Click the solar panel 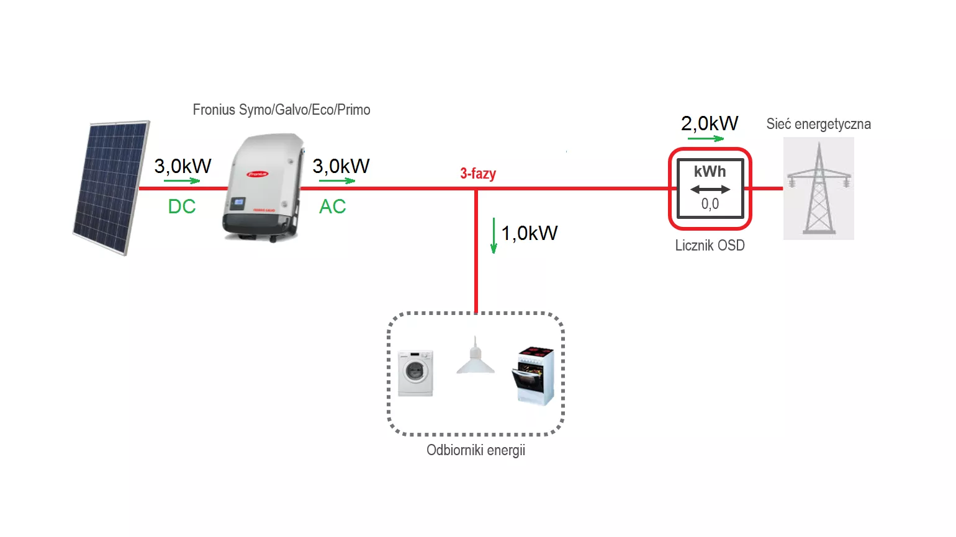111,187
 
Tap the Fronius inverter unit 263,187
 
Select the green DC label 182,206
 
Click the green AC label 333,206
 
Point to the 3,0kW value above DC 183,166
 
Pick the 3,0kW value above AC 341,166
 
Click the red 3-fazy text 478,174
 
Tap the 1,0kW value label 529,233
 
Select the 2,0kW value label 710,123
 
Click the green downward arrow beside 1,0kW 494,236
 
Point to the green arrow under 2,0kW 705,138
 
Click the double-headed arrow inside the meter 710,189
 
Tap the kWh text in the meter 710,171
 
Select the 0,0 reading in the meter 710,204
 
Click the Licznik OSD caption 710,246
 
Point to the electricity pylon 819,189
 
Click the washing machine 415,373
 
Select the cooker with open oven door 533,376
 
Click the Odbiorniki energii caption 476,450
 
